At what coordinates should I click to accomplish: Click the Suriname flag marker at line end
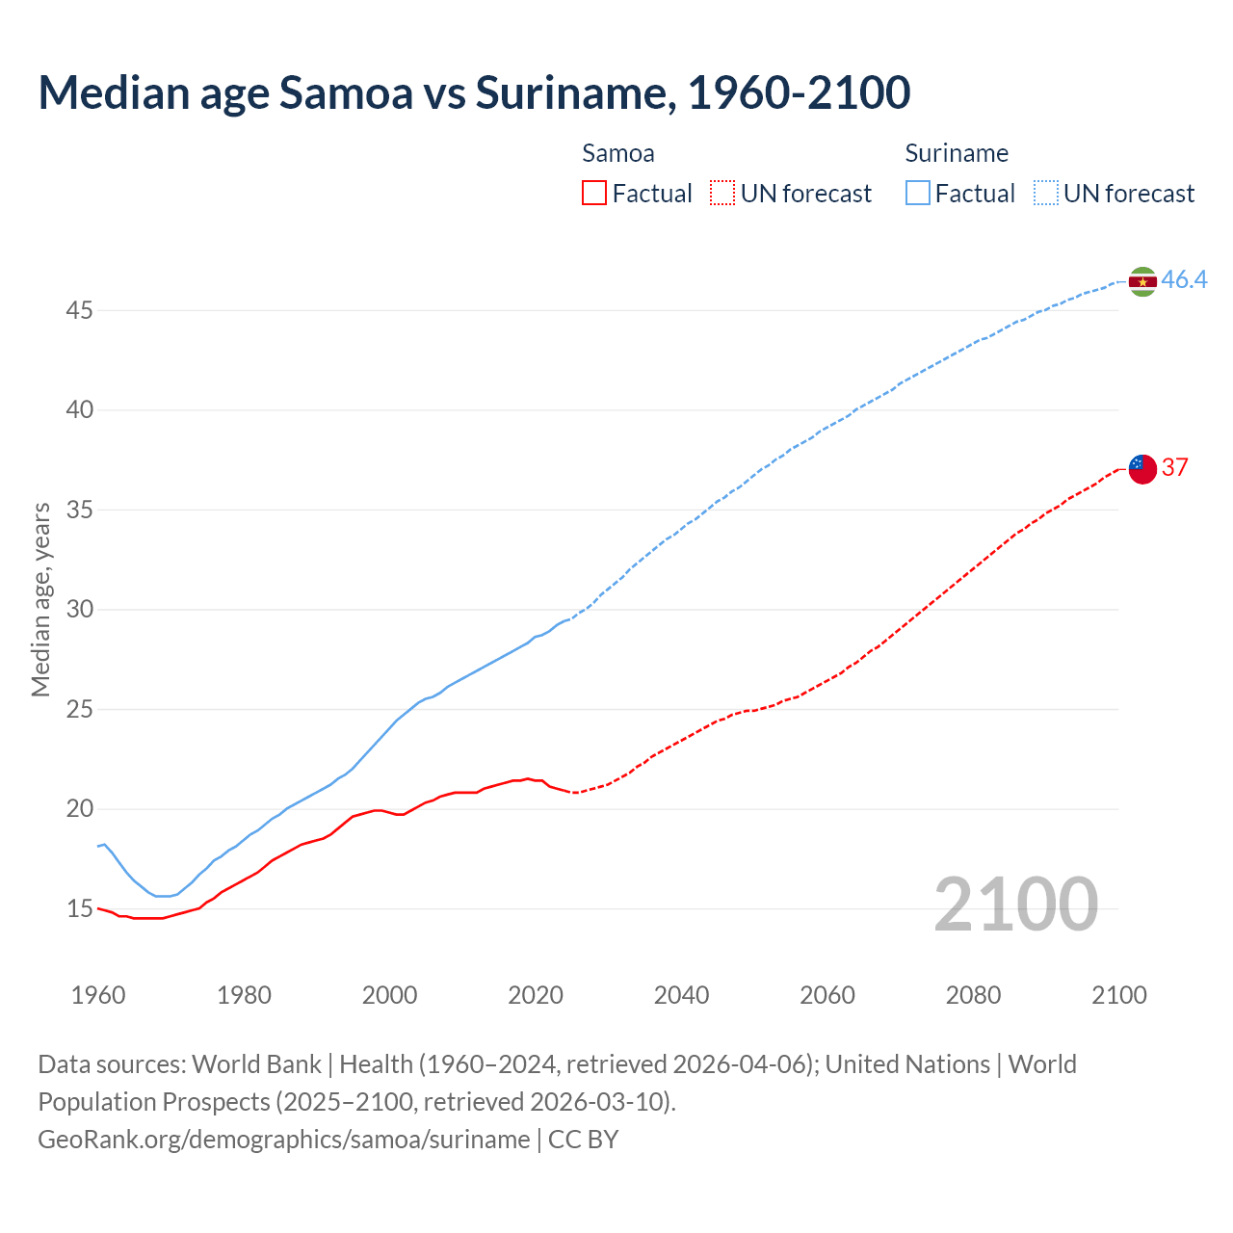1142,281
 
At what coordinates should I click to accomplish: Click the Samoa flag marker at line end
1142,469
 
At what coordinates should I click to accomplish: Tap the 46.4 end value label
1184,279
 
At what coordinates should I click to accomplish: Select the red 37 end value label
1174,467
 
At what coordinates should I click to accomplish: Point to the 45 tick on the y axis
80,310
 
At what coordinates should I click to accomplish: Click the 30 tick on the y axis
80,609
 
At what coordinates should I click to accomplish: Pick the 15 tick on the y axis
80,908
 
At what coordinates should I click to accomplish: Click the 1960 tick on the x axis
98,995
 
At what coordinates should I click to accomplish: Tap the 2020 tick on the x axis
536,995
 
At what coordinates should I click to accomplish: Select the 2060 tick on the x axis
827,995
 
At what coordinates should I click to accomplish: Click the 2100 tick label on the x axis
1119,995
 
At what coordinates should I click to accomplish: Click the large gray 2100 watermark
1016,904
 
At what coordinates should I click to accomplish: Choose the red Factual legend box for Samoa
594,194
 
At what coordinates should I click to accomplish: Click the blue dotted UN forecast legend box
1046,194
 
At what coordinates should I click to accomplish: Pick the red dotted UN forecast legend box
722,194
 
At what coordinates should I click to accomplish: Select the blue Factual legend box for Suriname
918,194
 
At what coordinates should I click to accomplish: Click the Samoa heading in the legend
617,153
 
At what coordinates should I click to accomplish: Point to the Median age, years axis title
40,599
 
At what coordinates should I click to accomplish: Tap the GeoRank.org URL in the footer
283,1139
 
